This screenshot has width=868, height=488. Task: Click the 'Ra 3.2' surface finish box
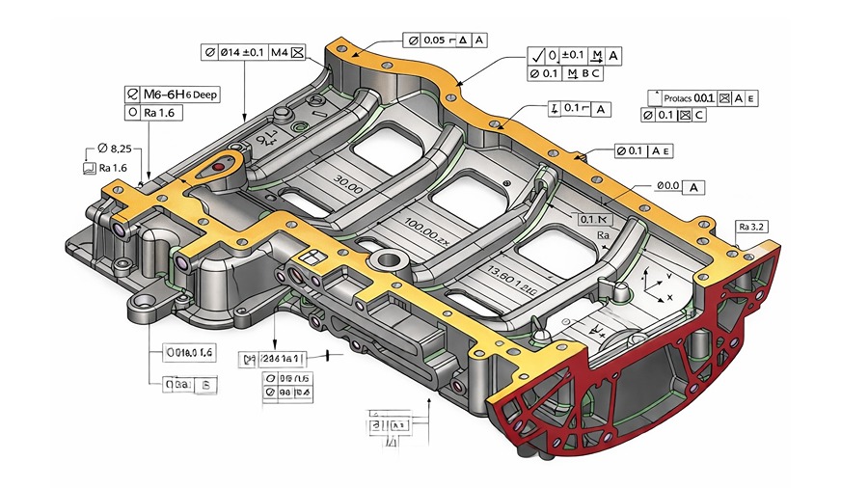pyautogui.click(x=751, y=227)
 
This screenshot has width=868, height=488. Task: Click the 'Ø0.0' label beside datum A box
pyautogui.click(x=668, y=185)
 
